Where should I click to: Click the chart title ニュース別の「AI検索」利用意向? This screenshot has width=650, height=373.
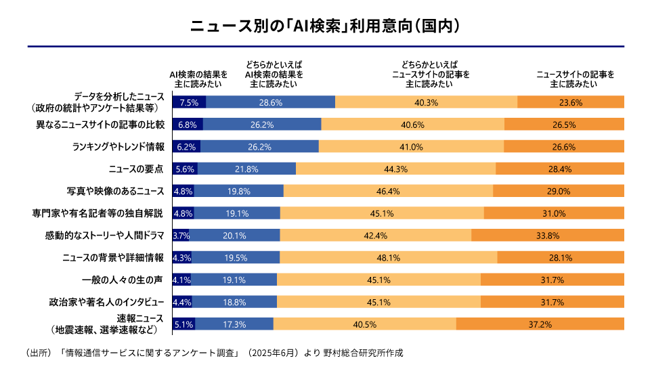click(325, 26)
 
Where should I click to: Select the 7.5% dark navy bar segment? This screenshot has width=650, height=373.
click(189, 103)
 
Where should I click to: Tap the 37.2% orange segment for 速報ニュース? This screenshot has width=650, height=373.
click(540, 324)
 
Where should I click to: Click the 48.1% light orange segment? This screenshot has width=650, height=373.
click(387, 258)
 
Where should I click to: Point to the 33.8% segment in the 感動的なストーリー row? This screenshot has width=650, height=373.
click(547, 236)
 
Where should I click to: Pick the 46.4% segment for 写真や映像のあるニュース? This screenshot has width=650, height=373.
click(387, 192)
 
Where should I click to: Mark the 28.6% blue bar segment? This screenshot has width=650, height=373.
click(269, 103)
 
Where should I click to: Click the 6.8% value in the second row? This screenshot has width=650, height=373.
click(187, 125)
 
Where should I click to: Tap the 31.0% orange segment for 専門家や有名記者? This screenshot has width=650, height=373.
click(554, 214)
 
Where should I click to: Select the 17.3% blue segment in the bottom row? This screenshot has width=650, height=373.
click(234, 324)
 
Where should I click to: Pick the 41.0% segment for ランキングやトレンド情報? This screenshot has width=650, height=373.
click(411, 147)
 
